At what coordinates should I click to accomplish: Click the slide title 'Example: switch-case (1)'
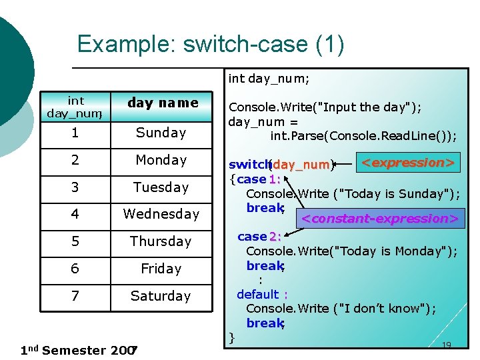coord(211,44)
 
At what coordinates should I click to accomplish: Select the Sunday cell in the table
coord(161,133)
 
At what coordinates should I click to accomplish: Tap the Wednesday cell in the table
coord(161,214)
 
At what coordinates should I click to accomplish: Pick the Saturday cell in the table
coord(161,296)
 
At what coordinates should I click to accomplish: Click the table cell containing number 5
coord(75,241)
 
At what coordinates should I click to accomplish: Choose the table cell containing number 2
coord(75,160)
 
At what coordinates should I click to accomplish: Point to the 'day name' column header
coord(163,103)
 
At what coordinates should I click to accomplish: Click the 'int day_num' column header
coord(75,107)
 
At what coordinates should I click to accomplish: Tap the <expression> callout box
coord(408,163)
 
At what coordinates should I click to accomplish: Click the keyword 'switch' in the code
coord(247,165)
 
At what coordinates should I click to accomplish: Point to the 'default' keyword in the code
coord(258,294)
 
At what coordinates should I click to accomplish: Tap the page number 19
coord(447,345)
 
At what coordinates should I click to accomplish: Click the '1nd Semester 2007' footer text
coord(79,350)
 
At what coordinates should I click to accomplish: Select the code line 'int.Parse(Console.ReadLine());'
coord(363,136)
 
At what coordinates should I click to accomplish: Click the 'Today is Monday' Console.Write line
coord(351,251)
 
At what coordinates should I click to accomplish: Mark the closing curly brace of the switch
coord(232,336)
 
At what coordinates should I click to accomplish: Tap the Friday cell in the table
coord(161,269)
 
